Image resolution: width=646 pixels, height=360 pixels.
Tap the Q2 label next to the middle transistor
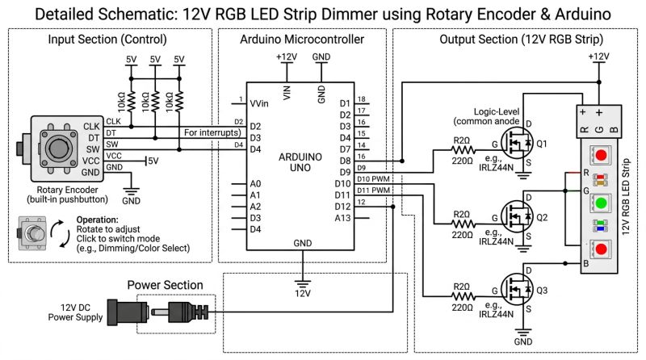coord(542,218)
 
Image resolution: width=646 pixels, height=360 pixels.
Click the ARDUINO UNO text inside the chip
coord(302,161)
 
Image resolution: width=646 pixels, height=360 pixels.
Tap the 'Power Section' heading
coord(166,284)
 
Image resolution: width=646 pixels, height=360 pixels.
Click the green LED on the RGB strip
coord(598,202)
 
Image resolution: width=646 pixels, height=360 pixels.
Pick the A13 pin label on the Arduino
coord(343,218)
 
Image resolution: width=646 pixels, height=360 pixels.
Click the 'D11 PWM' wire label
coord(375,190)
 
